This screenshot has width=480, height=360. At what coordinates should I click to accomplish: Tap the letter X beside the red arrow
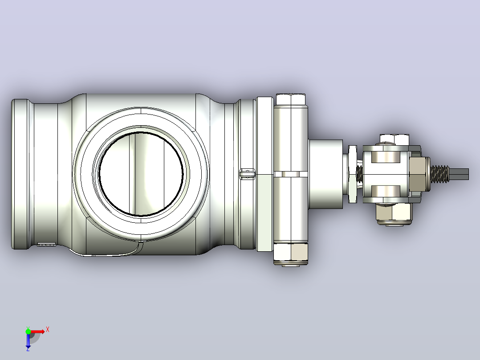(x=48, y=330)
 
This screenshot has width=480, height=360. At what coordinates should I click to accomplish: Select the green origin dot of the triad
(x=28, y=331)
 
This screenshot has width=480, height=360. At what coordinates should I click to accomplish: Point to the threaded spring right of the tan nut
(x=439, y=174)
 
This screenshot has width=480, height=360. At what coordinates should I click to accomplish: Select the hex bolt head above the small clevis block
(x=395, y=139)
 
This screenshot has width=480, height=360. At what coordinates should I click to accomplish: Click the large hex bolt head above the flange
(x=290, y=99)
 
